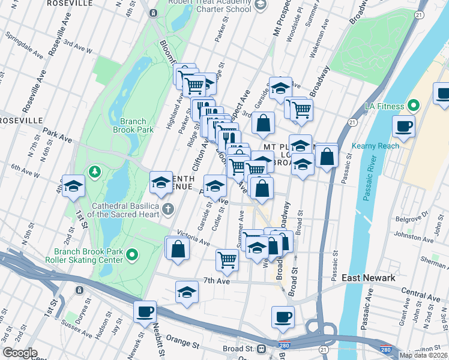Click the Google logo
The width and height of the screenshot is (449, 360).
pyautogui.click(x=20, y=353)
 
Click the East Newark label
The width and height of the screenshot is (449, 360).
pyautogui.click(x=368, y=278)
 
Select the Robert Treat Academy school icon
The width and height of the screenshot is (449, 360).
pyautogui.click(x=260, y=5)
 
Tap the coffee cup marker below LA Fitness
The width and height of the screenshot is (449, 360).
pyautogui.click(x=403, y=127)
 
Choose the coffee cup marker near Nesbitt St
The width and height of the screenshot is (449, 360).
pyautogui.click(x=145, y=312)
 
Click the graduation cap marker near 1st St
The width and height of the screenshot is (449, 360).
pyautogui.click(x=73, y=187)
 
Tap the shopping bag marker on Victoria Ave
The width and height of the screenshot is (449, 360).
pyautogui.click(x=178, y=248)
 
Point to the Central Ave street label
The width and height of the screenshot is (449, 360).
pyautogui.click(x=421, y=294)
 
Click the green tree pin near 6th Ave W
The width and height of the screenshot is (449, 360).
pyautogui.click(x=94, y=173)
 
